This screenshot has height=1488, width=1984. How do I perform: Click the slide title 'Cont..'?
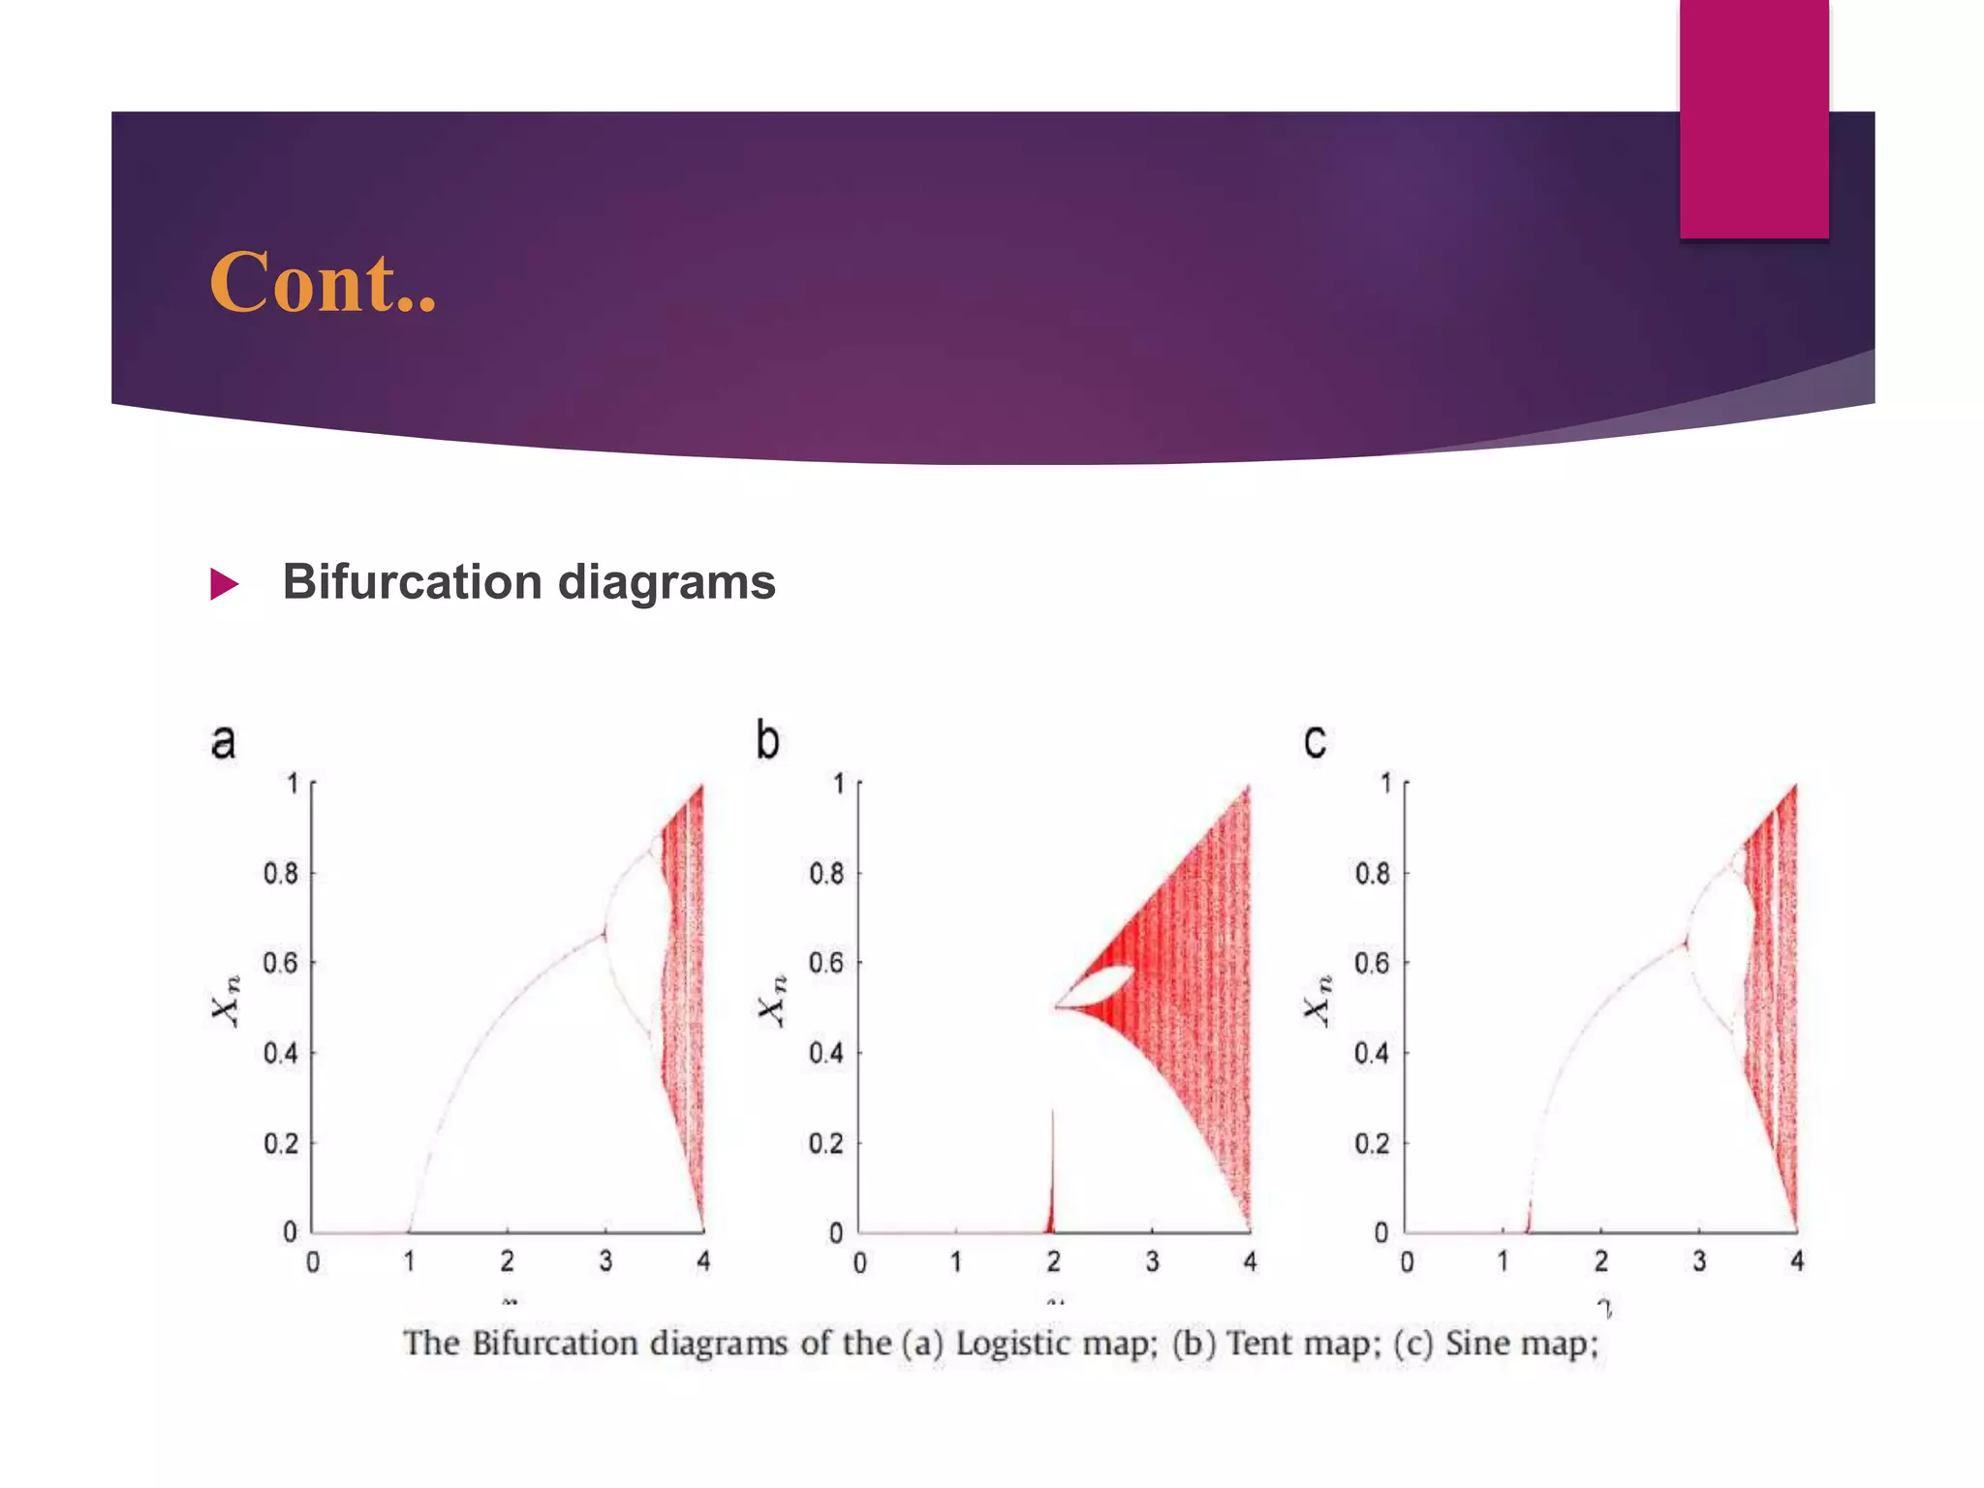coord(323,283)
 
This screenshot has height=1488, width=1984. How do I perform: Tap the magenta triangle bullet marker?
coord(224,584)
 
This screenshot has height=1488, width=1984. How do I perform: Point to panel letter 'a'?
coord(223,741)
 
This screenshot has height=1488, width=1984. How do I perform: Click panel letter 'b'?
coord(767,741)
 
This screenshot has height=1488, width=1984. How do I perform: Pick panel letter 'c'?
coord(1315,743)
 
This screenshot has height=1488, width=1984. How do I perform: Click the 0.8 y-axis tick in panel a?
coord(281,874)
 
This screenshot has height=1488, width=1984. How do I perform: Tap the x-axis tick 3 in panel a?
coord(605,1261)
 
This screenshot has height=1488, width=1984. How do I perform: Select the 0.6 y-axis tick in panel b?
coord(826,963)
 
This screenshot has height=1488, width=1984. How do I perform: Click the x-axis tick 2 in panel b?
coord(1054,1261)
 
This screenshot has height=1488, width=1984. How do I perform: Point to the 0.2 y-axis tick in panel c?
coord(1373,1144)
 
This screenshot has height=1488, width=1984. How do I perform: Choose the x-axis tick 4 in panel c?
coord(1797,1261)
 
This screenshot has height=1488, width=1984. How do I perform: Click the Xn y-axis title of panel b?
coord(772,1001)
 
